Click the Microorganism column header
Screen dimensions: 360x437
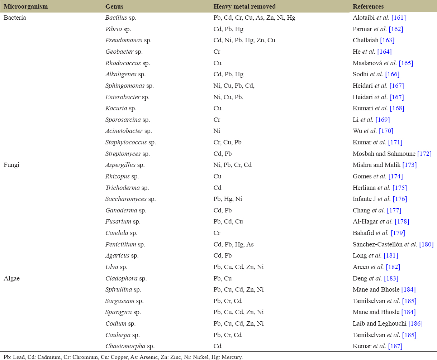click(25, 6)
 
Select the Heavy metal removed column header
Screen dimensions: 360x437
click(244, 6)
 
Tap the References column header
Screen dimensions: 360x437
click(368, 6)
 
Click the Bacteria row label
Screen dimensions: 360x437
click(15, 18)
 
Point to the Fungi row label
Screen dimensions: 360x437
click(11, 165)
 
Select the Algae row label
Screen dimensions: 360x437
click(11, 278)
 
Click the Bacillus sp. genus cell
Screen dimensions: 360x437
click(120, 18)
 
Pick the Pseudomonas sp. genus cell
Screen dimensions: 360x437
click(128, 40)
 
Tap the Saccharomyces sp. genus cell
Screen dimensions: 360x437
click(130, 199)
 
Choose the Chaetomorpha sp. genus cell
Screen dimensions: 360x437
click(129, 346)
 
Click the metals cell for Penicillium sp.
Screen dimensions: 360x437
click(233, 244)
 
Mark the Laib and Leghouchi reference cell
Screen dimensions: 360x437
click(388, 323)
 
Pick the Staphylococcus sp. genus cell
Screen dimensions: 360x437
click(130, 142)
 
